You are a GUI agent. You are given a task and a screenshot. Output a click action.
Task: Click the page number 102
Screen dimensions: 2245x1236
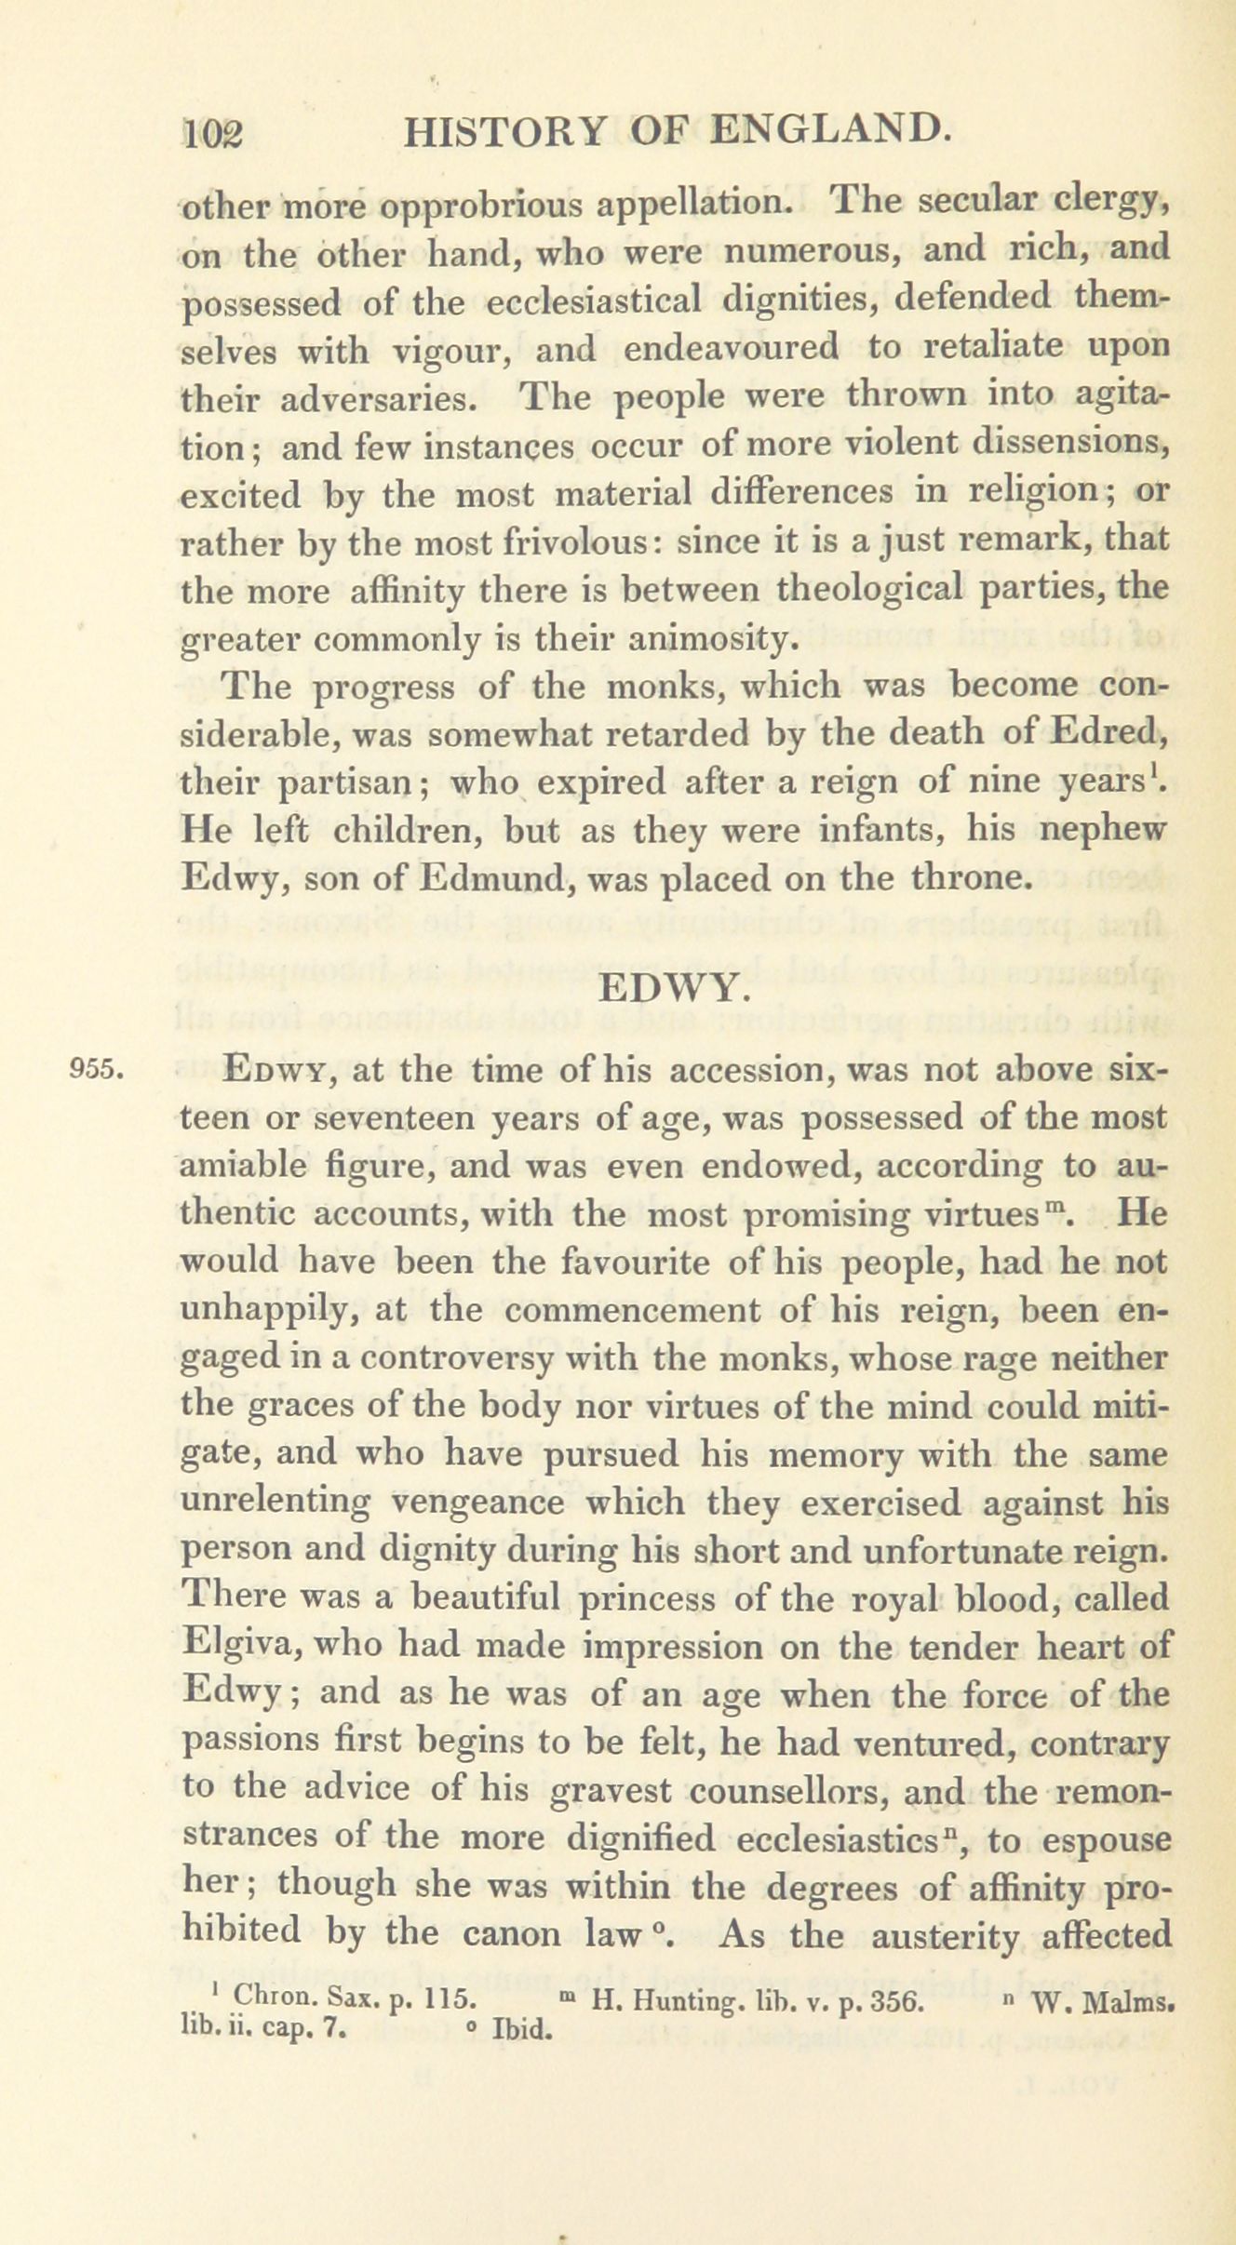tap(213, 136)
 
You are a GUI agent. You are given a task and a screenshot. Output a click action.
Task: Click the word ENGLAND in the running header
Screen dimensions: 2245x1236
tap(829, 130)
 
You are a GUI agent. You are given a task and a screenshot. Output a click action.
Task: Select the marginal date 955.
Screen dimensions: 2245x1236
tap(99, 1068)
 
